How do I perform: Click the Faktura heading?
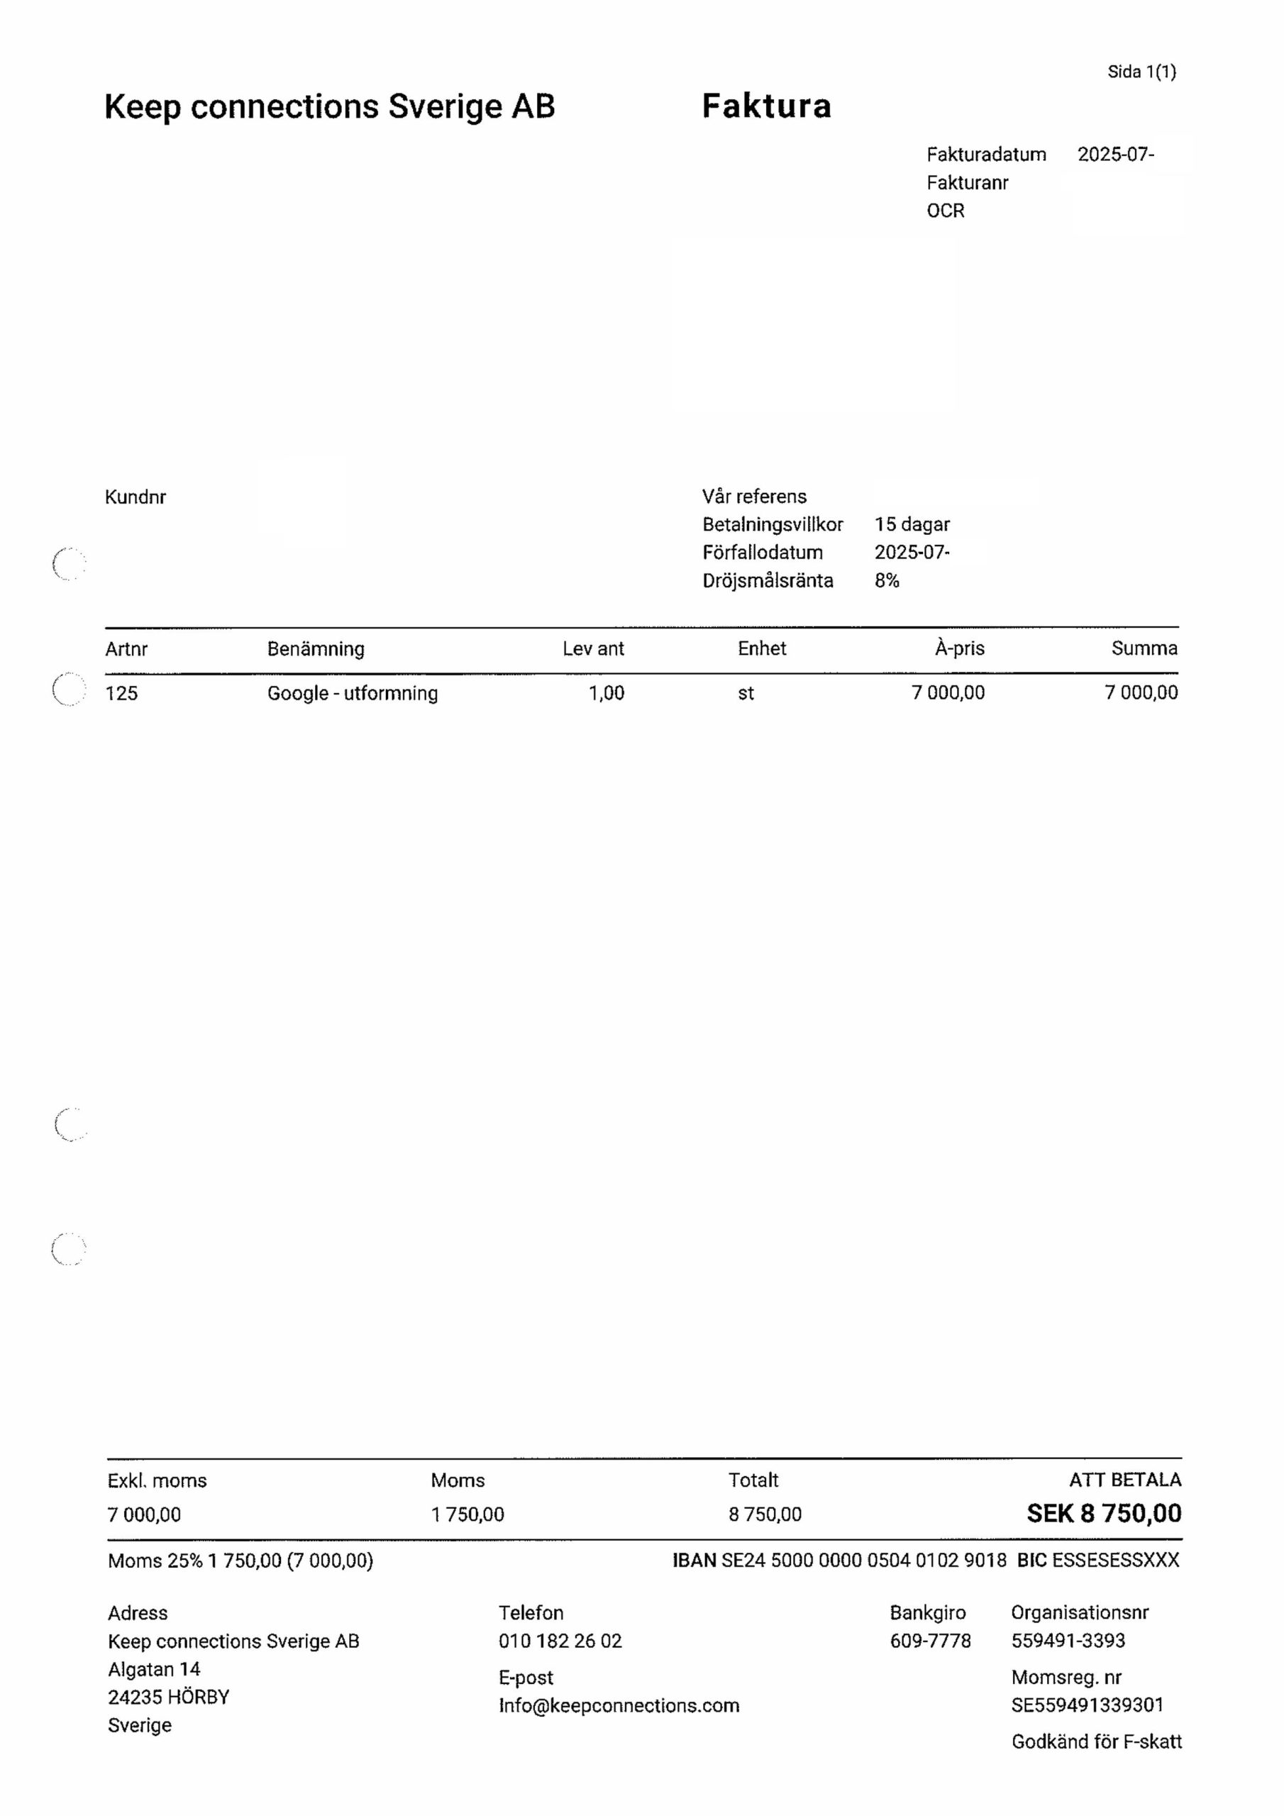(x=766, y=106)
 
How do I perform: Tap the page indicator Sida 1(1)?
(x=1141, y=72)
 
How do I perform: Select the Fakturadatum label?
(x=986, y=154)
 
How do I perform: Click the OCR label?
(x=946, y=211)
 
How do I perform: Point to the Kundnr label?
(x=135, y=497)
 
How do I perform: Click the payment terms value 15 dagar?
(x=912, y=524)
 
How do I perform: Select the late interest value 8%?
(x=886, y=580)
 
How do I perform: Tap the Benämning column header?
(x=316, y=648)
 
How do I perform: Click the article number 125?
(x=122, y=693)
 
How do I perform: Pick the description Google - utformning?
(x=352, y=693)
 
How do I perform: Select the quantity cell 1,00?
(x=606, y=693)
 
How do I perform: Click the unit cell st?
(x=746, y=693)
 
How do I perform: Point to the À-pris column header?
(x=959, y=648)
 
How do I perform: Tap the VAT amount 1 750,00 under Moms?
(x=467, y=1514)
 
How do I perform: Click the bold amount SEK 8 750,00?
(x=1104, y=1513)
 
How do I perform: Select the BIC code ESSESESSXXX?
(x=1115, y=1560)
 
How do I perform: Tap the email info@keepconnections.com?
(x=619, y=1705)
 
